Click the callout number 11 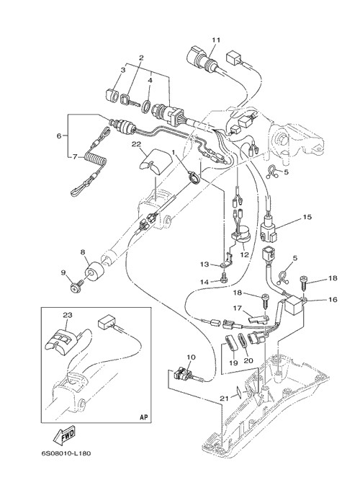click(216, 40)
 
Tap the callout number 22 click(136, 144)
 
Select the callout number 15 click(307, 217)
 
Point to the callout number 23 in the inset click(68, 315)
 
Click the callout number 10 click(191, 357)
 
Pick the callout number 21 click(225, 398)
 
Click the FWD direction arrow click(64, 435)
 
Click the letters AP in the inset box click(144, 417)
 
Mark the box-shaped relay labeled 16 click(293, 304)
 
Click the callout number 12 click(245, 254)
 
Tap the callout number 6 click(59, 135)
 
